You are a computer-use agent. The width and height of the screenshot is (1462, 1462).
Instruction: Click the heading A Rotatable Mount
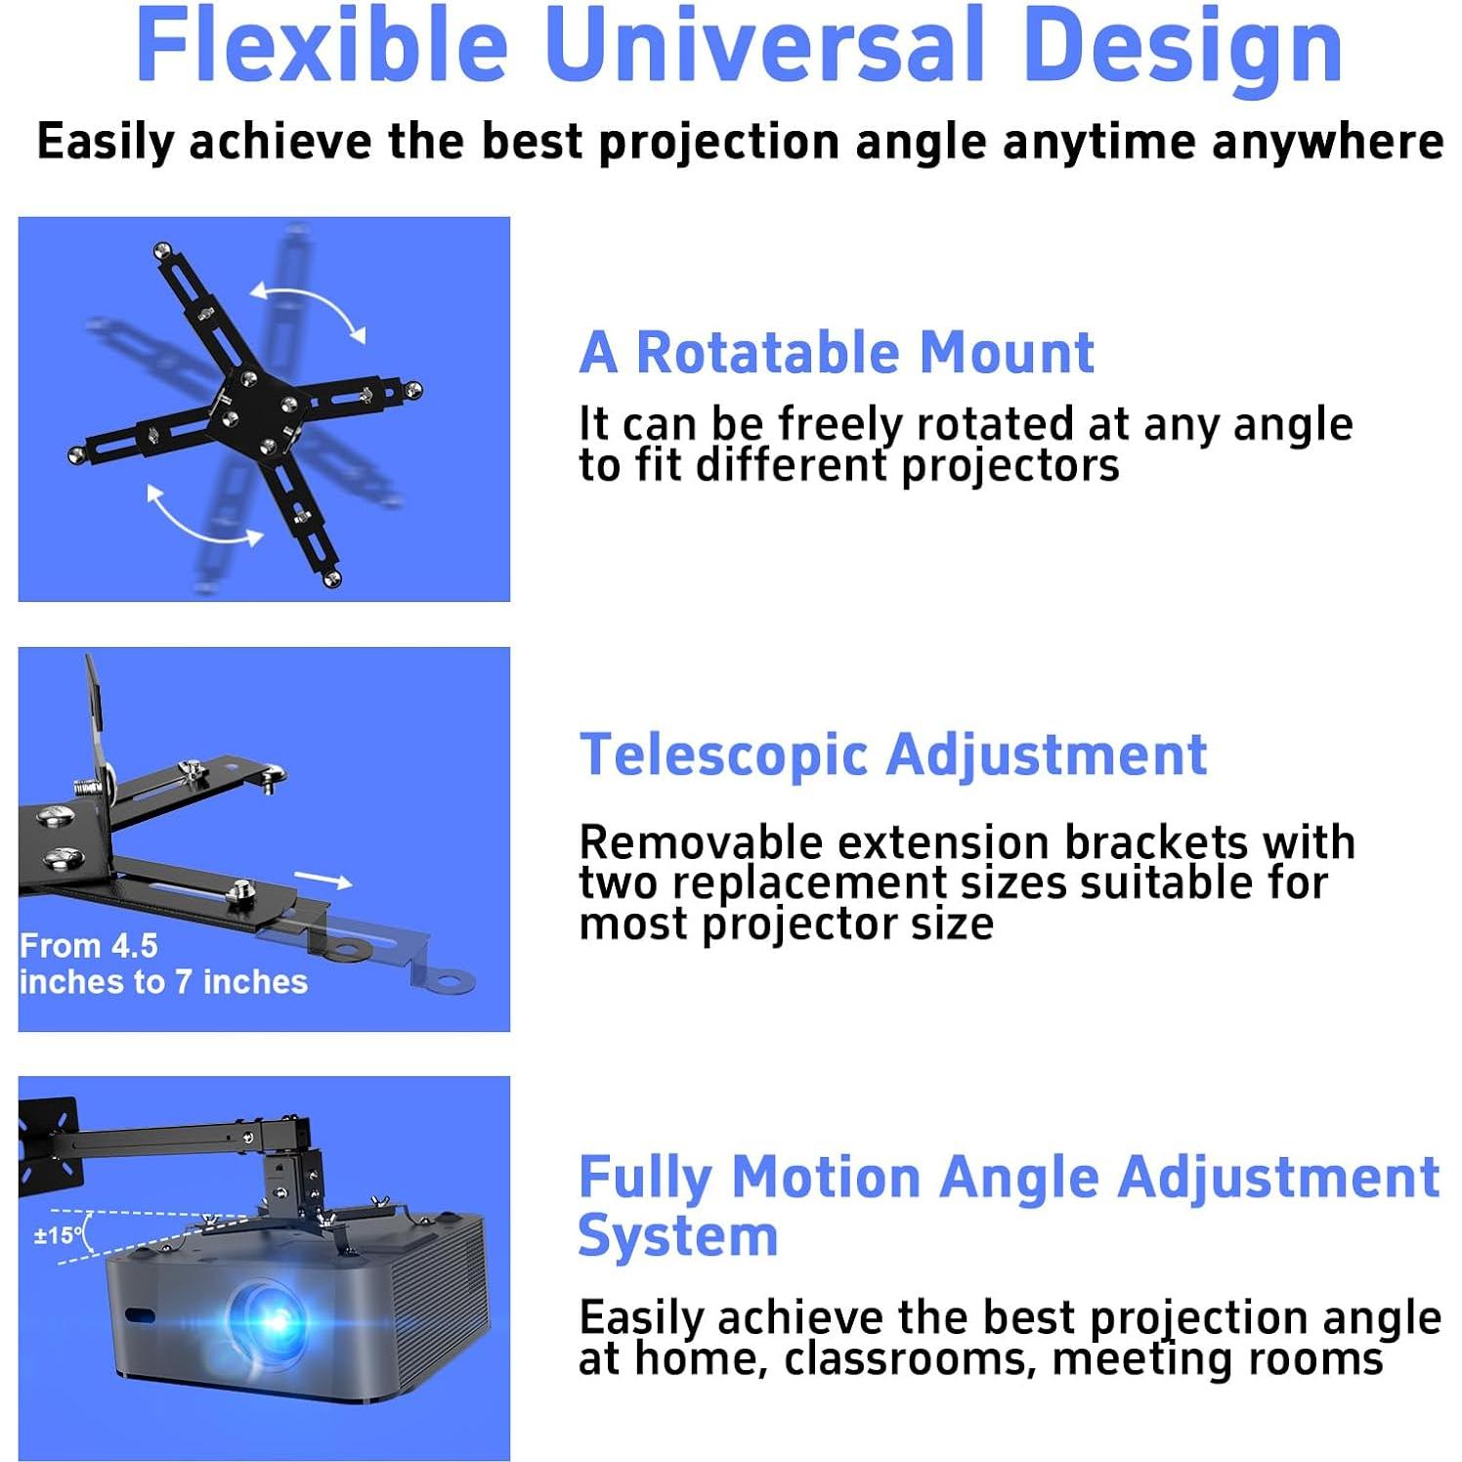[837, 352]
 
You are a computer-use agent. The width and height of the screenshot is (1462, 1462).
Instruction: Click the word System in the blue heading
[678, 1235]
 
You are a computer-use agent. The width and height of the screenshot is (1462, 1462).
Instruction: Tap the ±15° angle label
[59, 1235]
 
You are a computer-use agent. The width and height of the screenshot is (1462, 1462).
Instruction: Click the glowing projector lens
[276, 1319]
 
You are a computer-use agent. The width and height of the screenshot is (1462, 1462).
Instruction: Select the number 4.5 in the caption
[134, 946]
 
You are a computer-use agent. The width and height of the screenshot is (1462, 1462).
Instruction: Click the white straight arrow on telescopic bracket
[323, 881]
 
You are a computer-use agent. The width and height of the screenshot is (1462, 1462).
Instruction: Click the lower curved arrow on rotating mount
[202, 518]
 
